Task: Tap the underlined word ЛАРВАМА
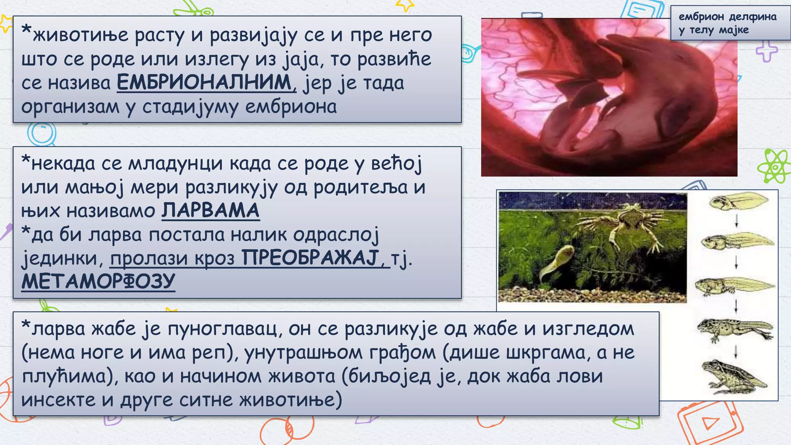(210, 211)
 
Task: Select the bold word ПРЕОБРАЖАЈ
(311, 258)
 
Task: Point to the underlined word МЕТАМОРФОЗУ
(98, 281)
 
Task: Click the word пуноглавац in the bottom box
(222, 329)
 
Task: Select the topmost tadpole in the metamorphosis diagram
(738, 202)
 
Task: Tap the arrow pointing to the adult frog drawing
(736, 352)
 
